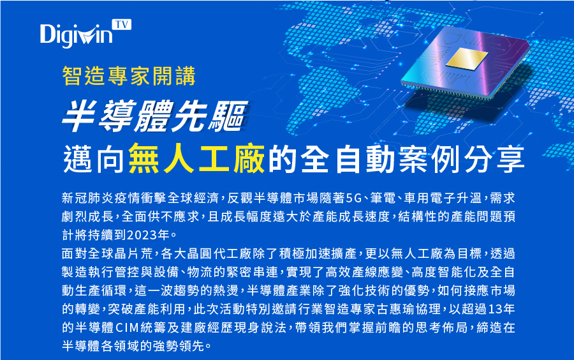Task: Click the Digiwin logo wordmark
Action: (76, 35)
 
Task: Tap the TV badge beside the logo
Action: (122, 24)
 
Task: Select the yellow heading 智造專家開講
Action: (129, 76)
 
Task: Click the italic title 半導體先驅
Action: (154, 116)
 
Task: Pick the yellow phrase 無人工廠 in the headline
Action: (196, 158)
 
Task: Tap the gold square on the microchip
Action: (467, 58)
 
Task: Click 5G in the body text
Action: (353, 198)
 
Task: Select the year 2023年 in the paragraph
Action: (148, 235)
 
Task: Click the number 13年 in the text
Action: (501, 309)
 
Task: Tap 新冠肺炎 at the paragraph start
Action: (88, 198)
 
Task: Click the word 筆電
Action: (383, 198)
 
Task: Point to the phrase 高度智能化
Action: (444, 272)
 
